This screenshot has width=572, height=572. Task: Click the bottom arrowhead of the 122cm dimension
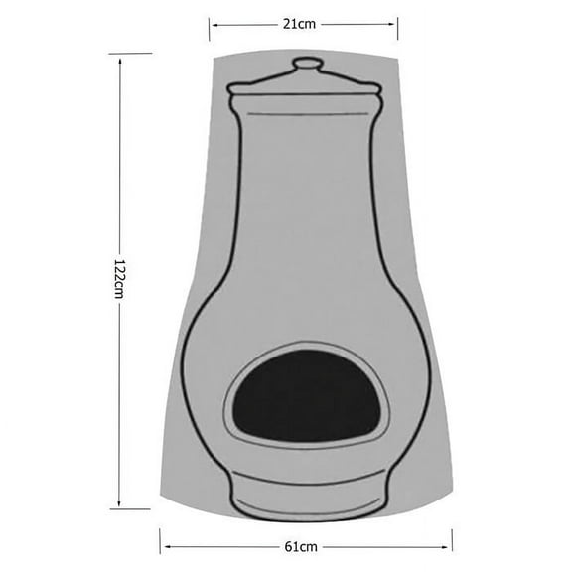[120, 501]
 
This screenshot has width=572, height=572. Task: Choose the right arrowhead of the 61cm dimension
[448, 545]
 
